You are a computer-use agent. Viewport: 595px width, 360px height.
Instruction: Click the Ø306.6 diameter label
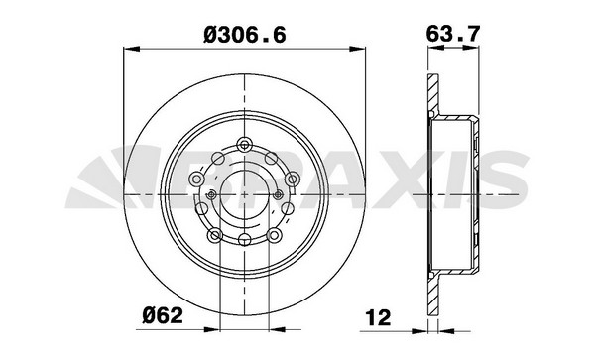(x=245, y=36)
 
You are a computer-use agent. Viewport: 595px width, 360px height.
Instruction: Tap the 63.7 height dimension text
(x=453, y=34)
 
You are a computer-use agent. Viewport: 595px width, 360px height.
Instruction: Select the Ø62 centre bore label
(x=163, y=315)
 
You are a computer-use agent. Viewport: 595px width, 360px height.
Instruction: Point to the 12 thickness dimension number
(x=378, y=317)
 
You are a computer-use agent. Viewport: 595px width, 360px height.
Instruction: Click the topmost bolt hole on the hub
(x=244, y=145)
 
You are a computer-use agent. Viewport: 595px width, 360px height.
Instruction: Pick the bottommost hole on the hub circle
(x=244, y=239)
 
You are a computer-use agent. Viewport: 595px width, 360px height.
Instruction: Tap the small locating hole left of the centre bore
(x=212, y=195)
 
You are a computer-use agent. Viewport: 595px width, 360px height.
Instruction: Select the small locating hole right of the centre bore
(x=278, y=195)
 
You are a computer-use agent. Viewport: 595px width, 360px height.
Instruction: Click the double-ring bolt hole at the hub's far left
(x=197, y=179)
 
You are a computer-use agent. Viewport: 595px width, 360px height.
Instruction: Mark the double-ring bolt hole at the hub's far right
(x=293, y=179)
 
